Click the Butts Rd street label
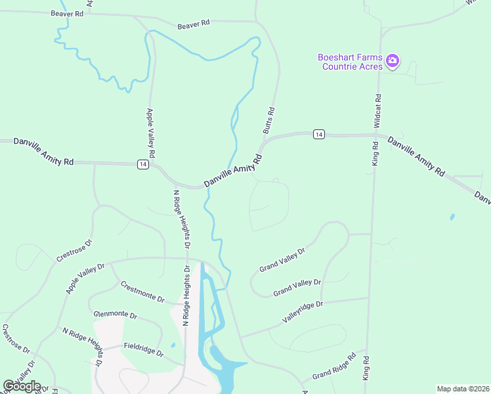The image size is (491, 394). pyautogui.click(x=268, y=121)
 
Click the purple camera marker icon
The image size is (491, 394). pyautogui.click(x=393, y=61)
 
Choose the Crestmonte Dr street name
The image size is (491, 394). pyautogui.click(x=142, y=292)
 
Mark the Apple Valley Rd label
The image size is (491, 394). pyautogui.click(x=150, y=132)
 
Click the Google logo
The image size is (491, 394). pyautogui.click(x=22, y=385)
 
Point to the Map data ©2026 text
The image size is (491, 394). pyautogui.click(x=463, y=389)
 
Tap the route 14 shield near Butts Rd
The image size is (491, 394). pyautogui.click(x=318, y=134)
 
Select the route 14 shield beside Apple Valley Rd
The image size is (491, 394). pyautogui.click(x=142, y=164)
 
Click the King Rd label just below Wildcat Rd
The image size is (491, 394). pyautogui.click(x=375, y=153)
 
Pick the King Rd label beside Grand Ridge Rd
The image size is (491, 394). pyautogui.click(x=366, y=367)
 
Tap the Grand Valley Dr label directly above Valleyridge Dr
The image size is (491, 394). pyautogui.click(x=297, y=287)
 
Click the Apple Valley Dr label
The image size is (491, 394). pyautogui.click(x=85, y=278)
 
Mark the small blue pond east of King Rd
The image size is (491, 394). pyautogui.click(x=452, y=216)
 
